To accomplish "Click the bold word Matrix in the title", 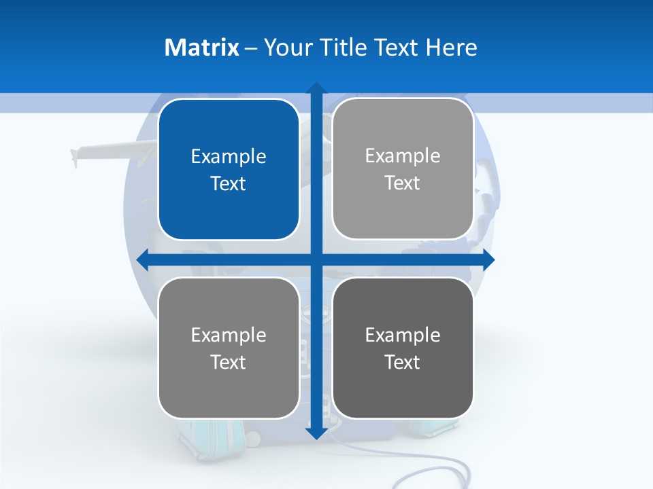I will pyautogui.click(x=201, y=48).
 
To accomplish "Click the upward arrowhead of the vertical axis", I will pyautogui.click(x=316, y=89).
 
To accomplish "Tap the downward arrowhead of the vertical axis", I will pyautogui.click(x=316, y=433).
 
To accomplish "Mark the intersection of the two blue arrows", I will pyautogui.click(x=316, y=259).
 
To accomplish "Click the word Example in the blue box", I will pyautogui.click(x=229, y=157).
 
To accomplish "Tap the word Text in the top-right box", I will pyautogui.click(x=403, y=183).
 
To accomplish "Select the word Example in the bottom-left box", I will pyautogui.click(x=229, y=335).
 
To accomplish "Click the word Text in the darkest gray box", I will pyautogui.click(x=403, y=362).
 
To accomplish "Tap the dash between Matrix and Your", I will pyautogui.click(x=251, y=48).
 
